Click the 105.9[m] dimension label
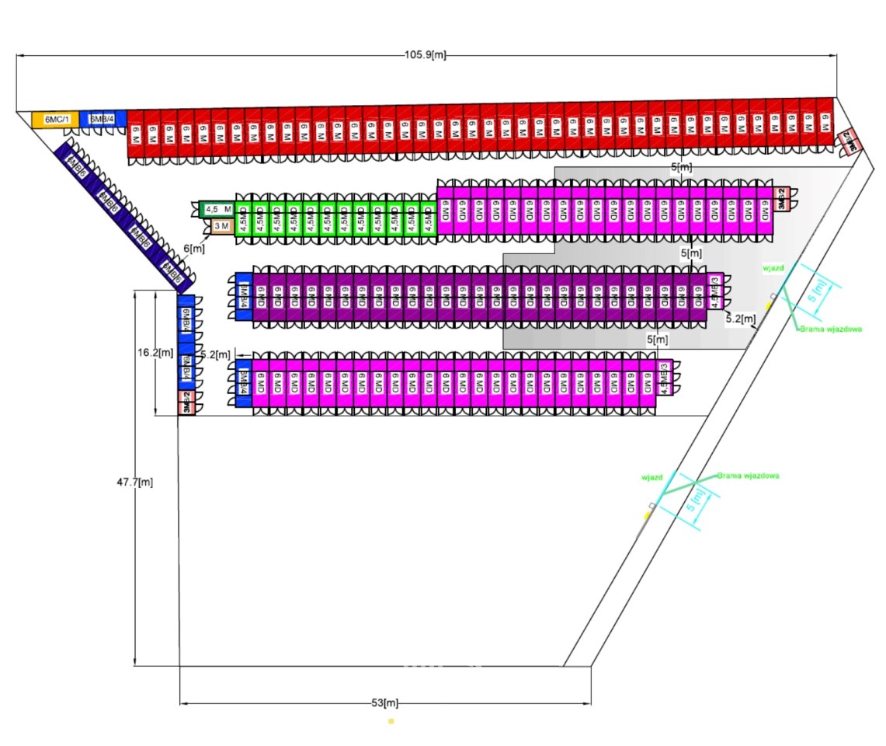425,55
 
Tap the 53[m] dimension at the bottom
384,703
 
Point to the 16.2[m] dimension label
155,352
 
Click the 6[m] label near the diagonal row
194,249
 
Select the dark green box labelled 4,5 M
217,209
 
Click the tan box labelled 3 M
221,226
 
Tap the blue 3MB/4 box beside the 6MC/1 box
102,119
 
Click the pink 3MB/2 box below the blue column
186,402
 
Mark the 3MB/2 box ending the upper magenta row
782,199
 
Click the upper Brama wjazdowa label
832,329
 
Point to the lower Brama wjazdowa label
748,475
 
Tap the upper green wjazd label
773,267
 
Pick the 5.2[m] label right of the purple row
738,319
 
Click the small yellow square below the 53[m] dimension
391,721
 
